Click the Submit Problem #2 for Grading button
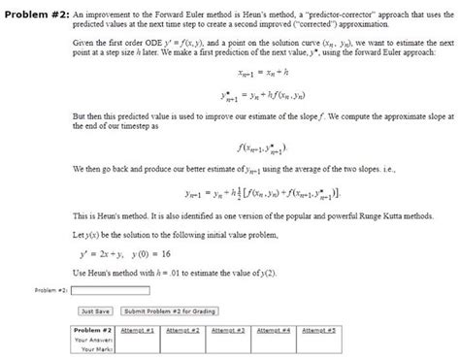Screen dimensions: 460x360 (x=170, y=311)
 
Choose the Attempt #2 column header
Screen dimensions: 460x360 (x=182, y=330)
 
